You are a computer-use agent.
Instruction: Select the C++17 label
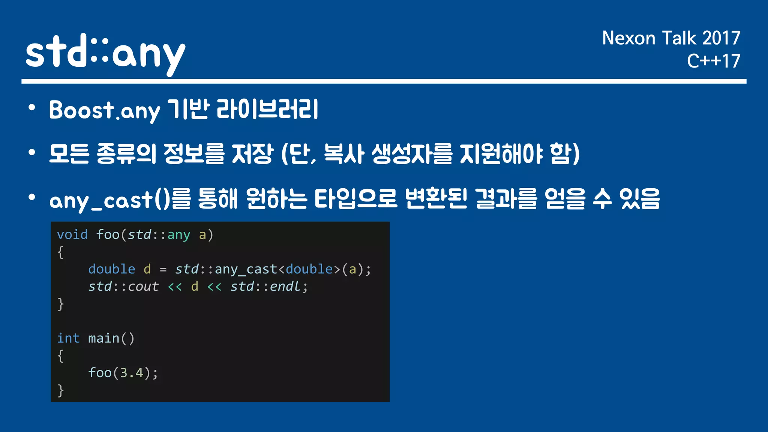(x=713, y=61)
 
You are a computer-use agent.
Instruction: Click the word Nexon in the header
(x=628, y=38)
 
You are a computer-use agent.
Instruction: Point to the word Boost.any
(x=104, y=111)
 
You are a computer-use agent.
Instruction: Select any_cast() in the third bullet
(x=109, y=200)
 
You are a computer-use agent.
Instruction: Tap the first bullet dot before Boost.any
(x=32, y=108)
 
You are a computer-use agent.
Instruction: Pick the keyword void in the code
(x=72, y=235)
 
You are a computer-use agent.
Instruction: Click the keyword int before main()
(x=68, y=338)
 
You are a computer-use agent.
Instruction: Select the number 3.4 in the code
(x=132, y=373)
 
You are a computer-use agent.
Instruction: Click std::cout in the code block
(x=123, y=286)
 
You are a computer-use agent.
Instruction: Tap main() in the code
(x=111, y=338)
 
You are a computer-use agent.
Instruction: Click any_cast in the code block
(x=246, y=269)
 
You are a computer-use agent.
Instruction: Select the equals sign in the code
(x=163, y=270)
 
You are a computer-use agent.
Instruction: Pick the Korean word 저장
(x=252, y=154)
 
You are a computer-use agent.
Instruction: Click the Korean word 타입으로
(x=355, y=199)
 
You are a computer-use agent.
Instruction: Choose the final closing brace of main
(x=60, y=390)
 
